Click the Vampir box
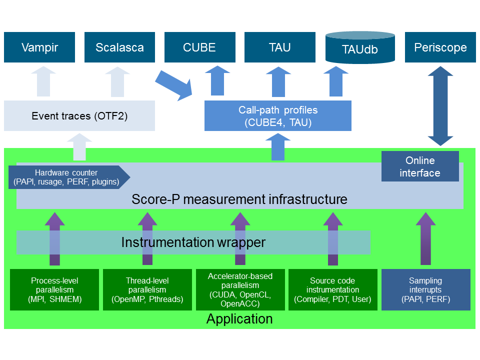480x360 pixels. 39,47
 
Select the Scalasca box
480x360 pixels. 119,47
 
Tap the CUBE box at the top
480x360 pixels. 199,47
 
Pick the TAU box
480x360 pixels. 279,47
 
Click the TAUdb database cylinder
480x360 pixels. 360,48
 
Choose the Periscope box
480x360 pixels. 440,47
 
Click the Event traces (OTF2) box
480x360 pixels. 79,116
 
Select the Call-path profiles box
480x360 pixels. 278,116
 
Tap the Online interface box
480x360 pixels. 420,166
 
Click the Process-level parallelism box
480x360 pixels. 55,289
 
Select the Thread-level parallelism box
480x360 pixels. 147,289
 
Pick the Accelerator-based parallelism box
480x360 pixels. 239,289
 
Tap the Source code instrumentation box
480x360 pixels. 332,289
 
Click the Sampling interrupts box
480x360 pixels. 425,289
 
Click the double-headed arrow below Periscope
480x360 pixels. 440,106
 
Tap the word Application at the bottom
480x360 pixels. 239,319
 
